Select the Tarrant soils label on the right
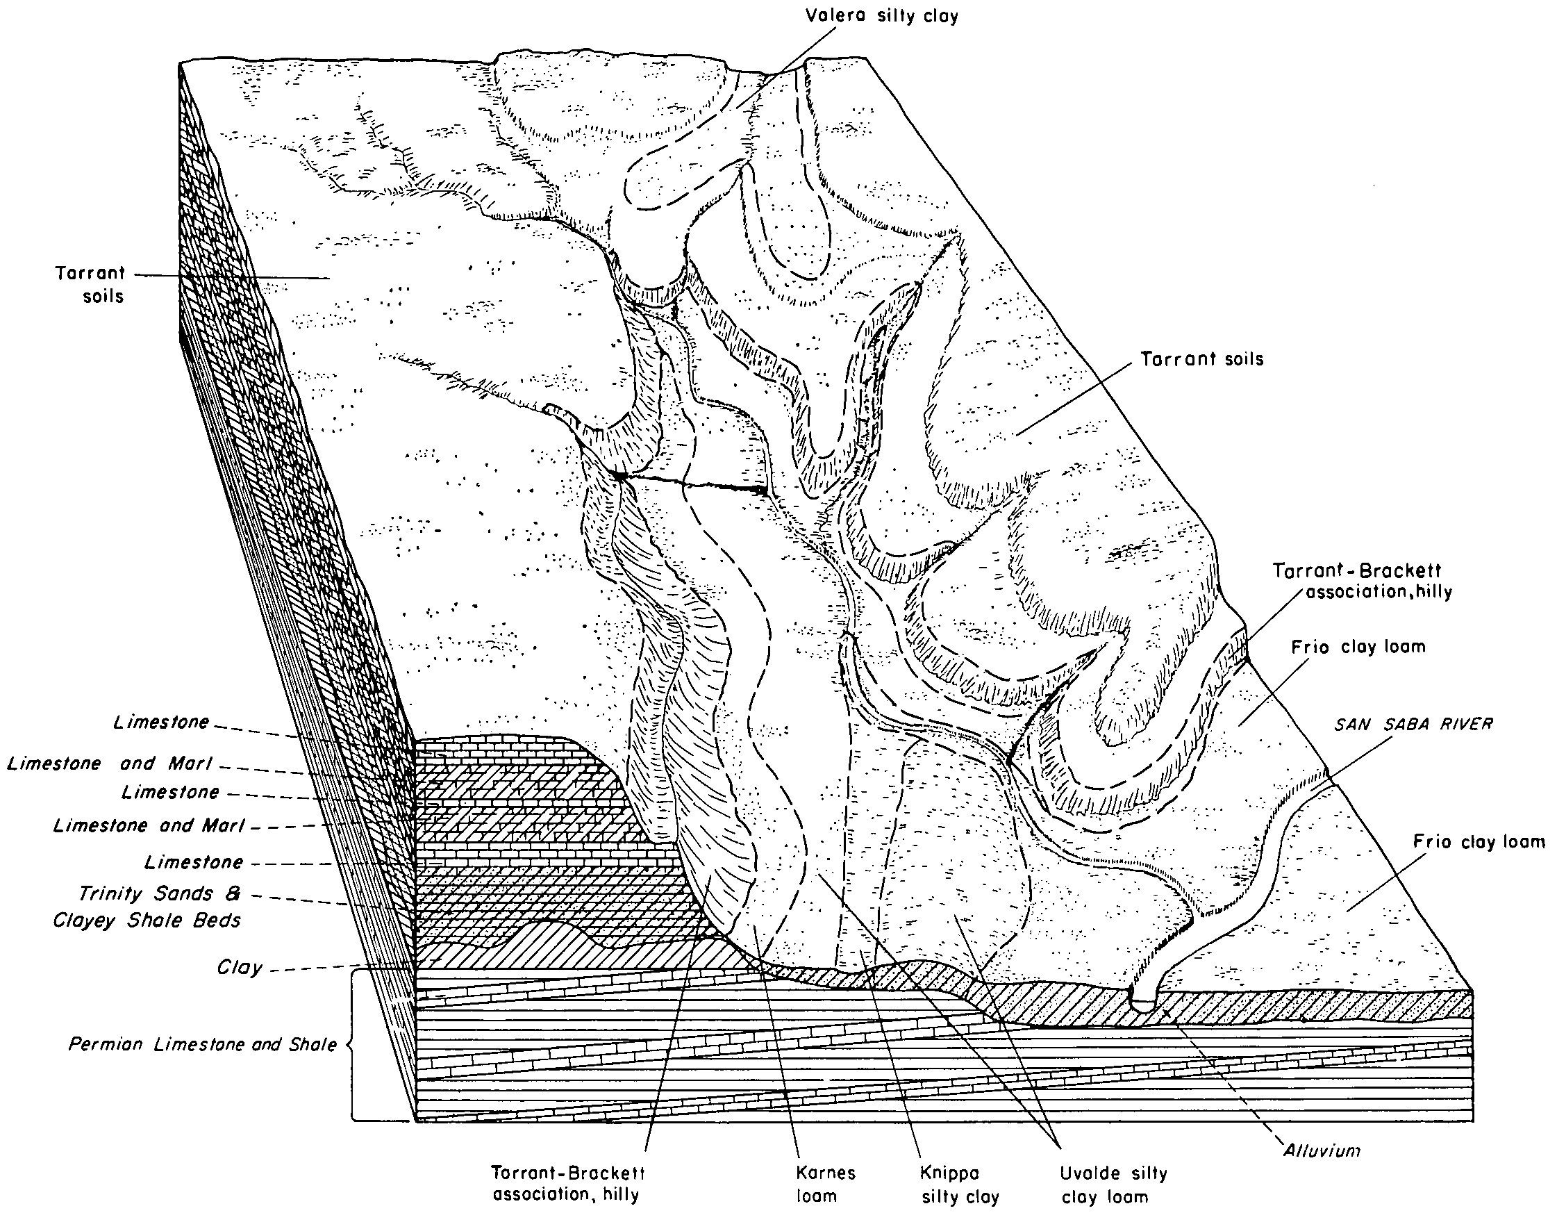pos(1202,358)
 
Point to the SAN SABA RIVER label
pos(1414,725)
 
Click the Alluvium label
pos(1322,1150)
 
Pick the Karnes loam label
pos(826,1184)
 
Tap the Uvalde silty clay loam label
pos(1113,1185)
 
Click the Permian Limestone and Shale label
pos(203,1045)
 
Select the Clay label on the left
pos(240,968)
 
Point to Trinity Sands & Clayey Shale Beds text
pos(147,907)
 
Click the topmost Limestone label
pos(161,723)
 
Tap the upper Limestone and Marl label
pos(110,764)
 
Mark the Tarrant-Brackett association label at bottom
pos(568,1184)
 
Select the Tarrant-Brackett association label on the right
pos(1362,581)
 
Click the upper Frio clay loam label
pos(1358,647)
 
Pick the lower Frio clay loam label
pos(1479,842)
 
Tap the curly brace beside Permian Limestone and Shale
pos(351,1046)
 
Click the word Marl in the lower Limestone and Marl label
pos(222,826)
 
